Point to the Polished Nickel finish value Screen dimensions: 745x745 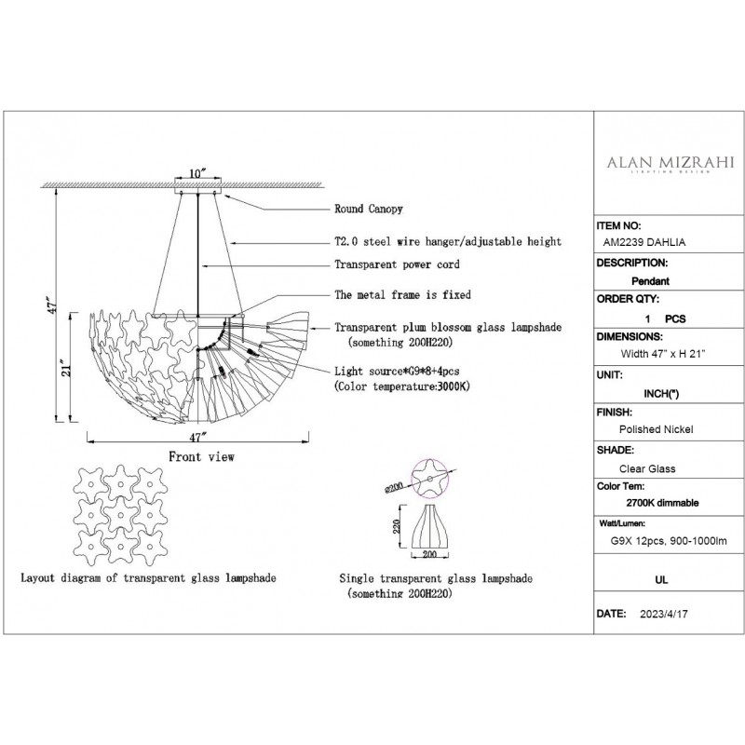pos(657,428)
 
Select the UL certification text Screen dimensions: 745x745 pos(663,578)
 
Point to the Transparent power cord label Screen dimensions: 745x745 pos(396,264)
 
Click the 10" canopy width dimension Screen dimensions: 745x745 pos(197,173)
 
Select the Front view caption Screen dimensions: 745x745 pos(201,457)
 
